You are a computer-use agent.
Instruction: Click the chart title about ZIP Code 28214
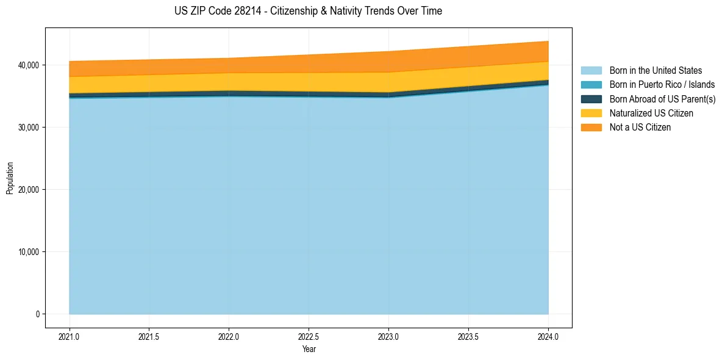pyautogui.click(x=308, y=11)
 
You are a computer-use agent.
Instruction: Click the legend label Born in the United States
pyautogui.click(x=655, y=71)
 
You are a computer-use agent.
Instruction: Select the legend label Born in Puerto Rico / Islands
pyautogui.click(x=662, y=85)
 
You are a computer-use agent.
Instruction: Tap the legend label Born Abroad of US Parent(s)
pyautogui.click(x=662, y=99)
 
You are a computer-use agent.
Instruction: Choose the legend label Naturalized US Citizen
pyautogui.click(x=651, y=113)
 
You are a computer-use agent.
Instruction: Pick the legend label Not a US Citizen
pyautogui.click(x=640, y=127)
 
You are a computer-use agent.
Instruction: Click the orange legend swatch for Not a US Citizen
pyautogui.click(x=591, y=127)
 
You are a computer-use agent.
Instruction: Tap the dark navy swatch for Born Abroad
pyautogui.click(x=591, y=99)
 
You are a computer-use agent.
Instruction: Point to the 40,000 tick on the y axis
pyautogui.click(x=28, y=65)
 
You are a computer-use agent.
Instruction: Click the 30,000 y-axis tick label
pyautogui.click(x=28, y=128)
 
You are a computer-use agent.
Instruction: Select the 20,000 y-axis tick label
pyautogui.click(x=28, y=190)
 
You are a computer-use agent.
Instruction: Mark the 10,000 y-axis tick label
pyautogui.click(x=28, y=252)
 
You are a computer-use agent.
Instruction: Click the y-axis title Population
pyautogui.click(x=10, y=178)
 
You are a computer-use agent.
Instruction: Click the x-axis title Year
pyautogui.click(x=309, y=349)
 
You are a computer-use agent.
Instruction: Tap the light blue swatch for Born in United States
pyautogui.click(x=591, y=71)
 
